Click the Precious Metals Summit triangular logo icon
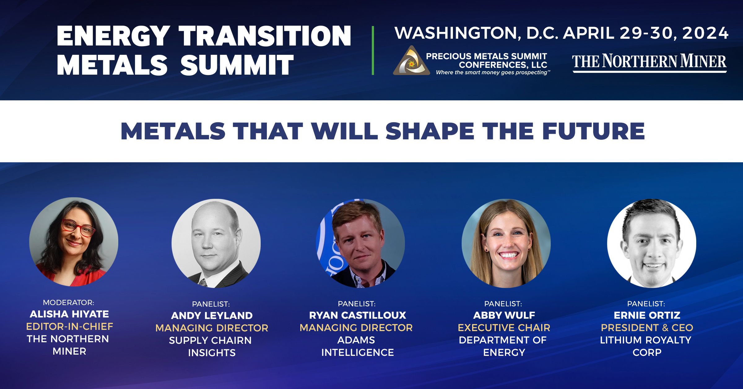[x=411, y=61]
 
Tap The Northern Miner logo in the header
[x=650, y=63]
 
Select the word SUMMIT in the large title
[x=237, y=65]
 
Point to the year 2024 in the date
[x=705, y=33]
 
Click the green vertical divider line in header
[x=373, y=50]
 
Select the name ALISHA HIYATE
[x=69, y=314]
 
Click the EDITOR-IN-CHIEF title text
[x=70, y=326]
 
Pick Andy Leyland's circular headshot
[x=216, y=243]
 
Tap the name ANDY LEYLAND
[x=212, y=316]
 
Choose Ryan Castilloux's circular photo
[x=360, y=243]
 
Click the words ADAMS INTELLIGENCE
[x=358, y=346]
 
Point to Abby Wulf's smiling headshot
[x=506, y=243]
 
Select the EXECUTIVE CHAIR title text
[x=504, y=328]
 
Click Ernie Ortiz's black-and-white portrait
[x=652, y=243]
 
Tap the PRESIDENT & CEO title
[x=647, y=328]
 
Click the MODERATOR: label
[x=69, y=303]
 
